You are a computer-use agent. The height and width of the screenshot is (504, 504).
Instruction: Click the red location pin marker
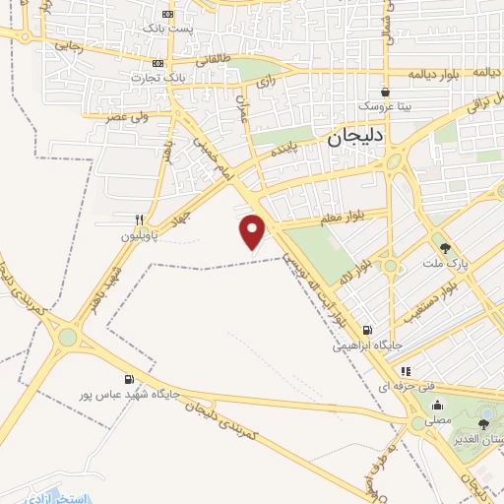pyautogui.click(x=254, y=231)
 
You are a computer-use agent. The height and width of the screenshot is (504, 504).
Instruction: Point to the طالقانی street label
pyautogui.click(x=214, y=60)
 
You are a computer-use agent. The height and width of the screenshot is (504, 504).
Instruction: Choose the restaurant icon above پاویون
pyautogui.click(x=139, y=220)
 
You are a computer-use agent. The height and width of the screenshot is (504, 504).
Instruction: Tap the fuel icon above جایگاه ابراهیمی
pyautogui.click(x=367, y=331)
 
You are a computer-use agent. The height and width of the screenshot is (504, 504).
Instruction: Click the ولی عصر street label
pyautogui.click(x=131, y=116)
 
